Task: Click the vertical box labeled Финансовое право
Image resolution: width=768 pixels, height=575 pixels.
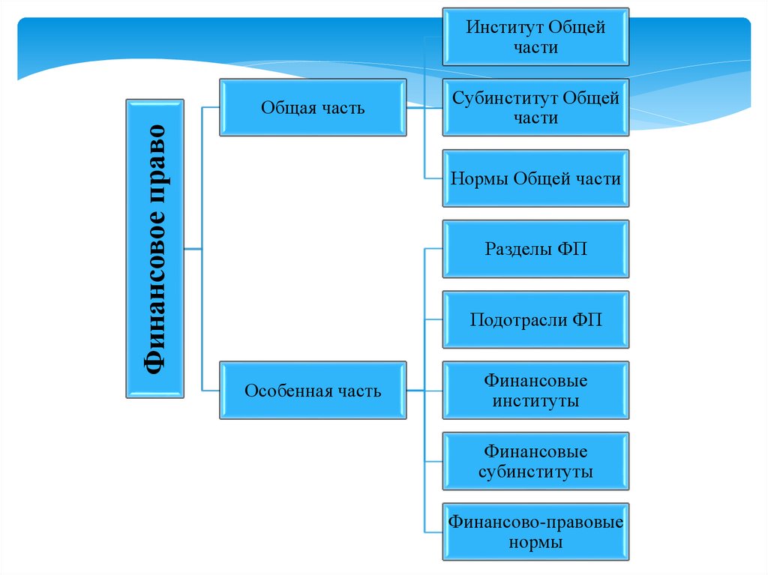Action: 154,248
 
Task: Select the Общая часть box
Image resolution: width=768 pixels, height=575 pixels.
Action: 313,108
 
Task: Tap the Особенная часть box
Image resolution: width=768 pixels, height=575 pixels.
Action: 313,391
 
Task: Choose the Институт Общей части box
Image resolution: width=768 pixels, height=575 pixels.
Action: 535,37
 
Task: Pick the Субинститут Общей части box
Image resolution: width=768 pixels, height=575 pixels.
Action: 535,108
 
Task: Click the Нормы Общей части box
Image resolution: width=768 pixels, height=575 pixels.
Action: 535,178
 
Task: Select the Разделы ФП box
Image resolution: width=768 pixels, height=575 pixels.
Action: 535,249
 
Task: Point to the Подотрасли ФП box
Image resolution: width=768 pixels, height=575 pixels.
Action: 535,320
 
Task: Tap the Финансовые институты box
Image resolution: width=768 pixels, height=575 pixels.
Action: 535,391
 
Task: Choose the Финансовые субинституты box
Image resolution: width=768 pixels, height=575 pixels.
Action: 535,461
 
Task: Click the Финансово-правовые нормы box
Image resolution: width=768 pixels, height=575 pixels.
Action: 535,532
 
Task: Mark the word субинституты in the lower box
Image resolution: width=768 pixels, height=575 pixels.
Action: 535,472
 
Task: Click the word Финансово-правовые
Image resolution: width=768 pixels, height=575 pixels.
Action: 535,522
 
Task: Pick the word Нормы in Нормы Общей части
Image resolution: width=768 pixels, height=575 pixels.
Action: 479,178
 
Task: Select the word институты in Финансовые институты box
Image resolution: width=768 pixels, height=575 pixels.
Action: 535,401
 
